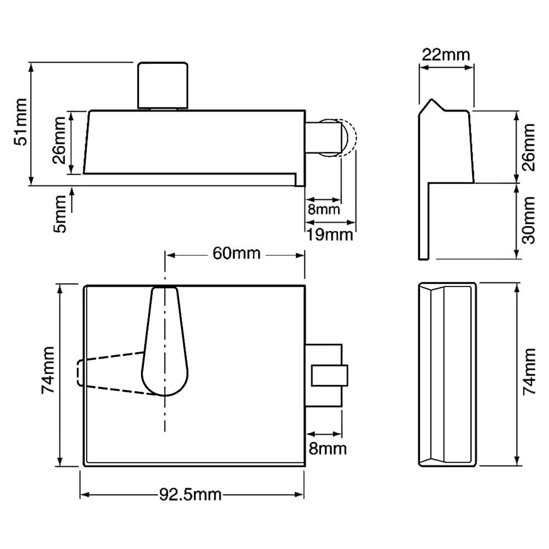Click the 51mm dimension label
(20, 122)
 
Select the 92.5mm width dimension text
(191, 495)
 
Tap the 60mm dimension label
(237, 253)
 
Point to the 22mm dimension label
(446, 55)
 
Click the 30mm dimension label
(528, 220)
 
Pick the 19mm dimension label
(329, 234)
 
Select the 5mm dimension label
(59, 214)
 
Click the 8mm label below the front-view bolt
(327, 449)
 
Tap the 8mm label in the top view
(324, 209)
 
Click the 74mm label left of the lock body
(48, 371)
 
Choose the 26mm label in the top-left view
(59, 141)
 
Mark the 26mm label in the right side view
(528, 147)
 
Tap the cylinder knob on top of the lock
(163, 86)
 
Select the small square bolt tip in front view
(329, 376)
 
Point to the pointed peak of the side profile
(432, 99)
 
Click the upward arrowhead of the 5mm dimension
(72, 192)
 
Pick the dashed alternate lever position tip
(80, 373)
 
